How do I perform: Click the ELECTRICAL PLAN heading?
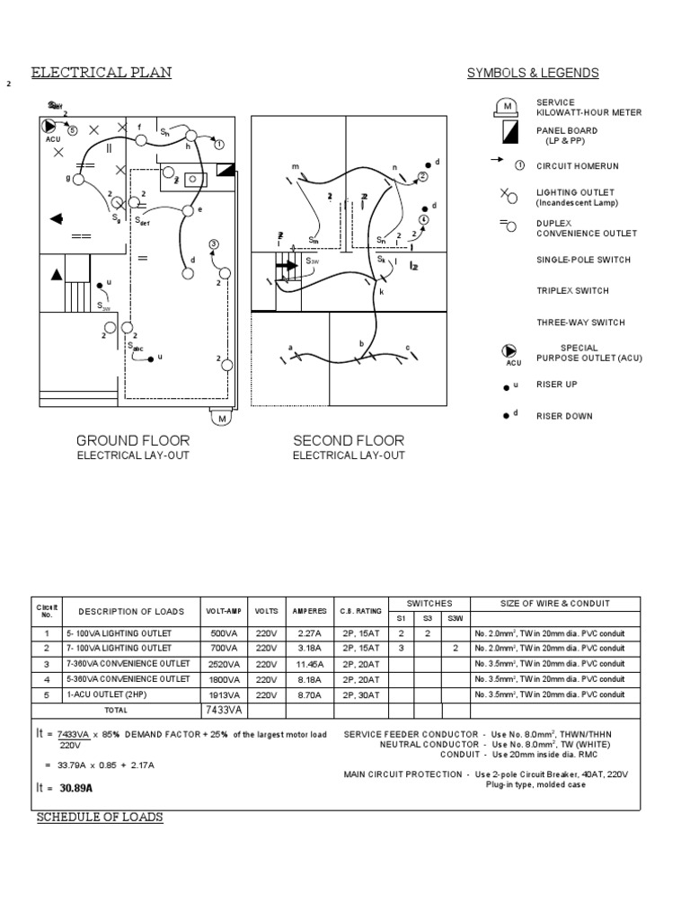(102, 73)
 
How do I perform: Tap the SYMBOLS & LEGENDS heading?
(533, 73)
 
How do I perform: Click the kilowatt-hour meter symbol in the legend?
(507, 108)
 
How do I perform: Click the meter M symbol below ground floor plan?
(221, 418)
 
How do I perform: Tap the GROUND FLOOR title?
(133, 440)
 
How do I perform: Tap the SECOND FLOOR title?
(349, 440)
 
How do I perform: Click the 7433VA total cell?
(224, 710)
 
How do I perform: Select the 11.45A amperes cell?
(309, 664)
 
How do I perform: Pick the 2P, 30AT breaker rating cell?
(360, 694)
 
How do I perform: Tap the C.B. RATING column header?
(360, 611)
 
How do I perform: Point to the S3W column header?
(456, 618)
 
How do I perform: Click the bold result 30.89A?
(77, 788)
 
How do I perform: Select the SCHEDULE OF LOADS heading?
(100, 817)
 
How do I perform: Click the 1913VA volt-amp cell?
(224, 694)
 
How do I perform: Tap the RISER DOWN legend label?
(564, 416)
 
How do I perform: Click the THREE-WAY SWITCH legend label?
(580, 322)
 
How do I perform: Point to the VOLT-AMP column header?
(224, 611)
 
